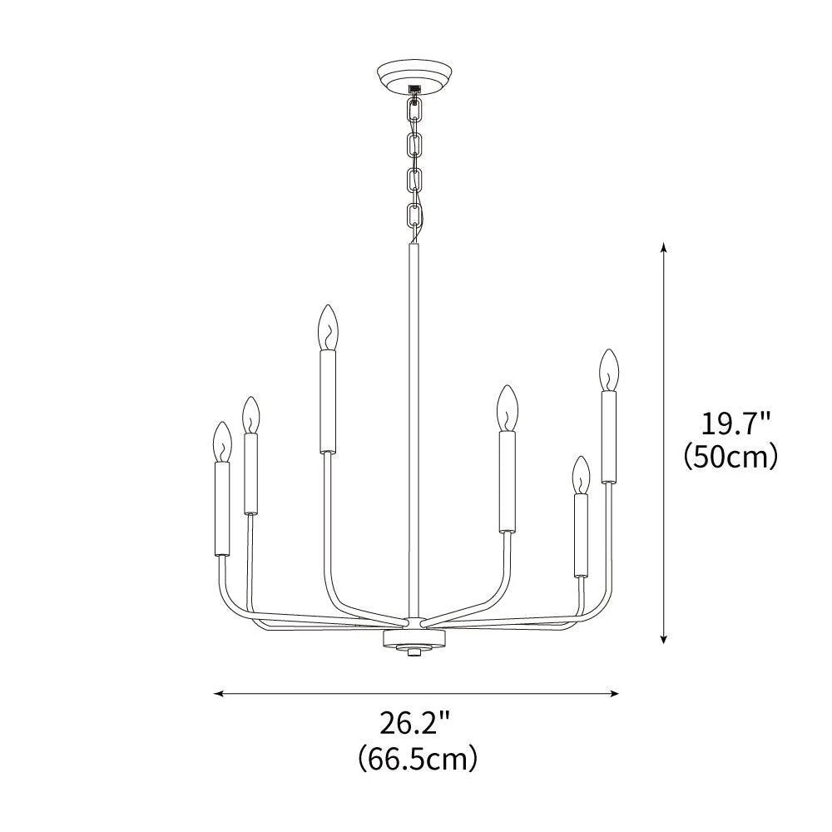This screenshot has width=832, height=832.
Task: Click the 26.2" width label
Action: pos(416,722)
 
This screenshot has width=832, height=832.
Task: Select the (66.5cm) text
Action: pos(416,759)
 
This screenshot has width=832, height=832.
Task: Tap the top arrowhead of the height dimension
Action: pos(663,247)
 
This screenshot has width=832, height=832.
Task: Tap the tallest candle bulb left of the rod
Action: pos(327,328)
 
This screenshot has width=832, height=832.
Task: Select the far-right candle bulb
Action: pos(609,370)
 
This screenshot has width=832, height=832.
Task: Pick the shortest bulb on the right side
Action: pos(580,474)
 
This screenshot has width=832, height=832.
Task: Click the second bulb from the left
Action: pos(250,414)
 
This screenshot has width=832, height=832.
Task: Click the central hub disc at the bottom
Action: pos(414,638)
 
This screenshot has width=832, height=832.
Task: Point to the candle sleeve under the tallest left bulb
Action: pos(327,401)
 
